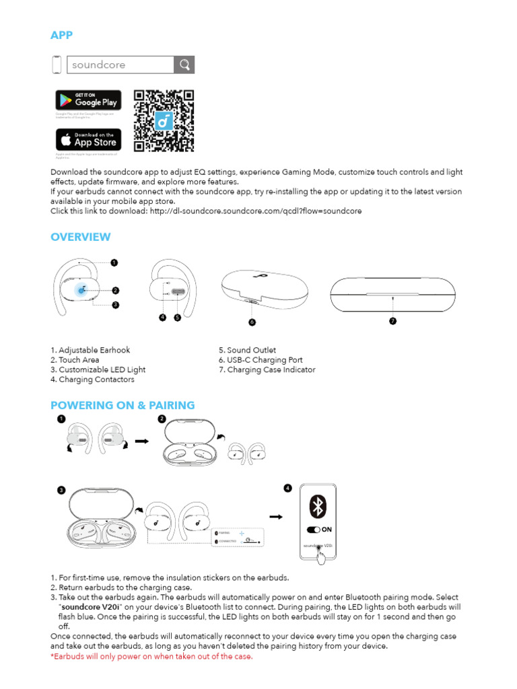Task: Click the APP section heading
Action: point(62,35)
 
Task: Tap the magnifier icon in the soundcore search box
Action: point(184,65)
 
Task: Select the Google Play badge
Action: point(88,100)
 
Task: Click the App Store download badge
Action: point(88,140)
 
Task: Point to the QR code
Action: point(164,120)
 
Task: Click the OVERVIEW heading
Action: point(81,237)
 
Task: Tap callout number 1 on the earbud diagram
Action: point(114,262)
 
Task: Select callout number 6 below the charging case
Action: point(252,322)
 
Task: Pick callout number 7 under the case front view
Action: point(393,321)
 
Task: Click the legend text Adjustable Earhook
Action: point(90,351)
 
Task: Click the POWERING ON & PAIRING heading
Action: point(123,405)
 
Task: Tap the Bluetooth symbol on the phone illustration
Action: point(317,507)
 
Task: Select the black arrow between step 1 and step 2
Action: point(141,441)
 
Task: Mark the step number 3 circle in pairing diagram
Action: point(61,491)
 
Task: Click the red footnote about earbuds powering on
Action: point(151,657)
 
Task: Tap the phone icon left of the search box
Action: point(57,65)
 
